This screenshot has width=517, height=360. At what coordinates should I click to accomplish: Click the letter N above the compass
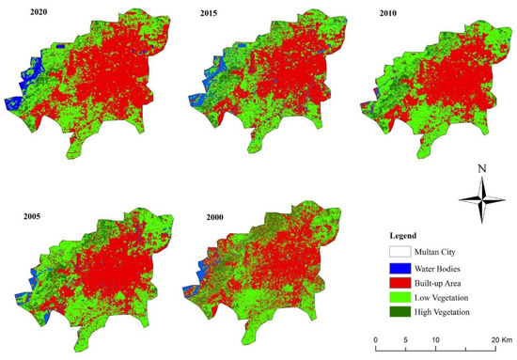coord(481,170)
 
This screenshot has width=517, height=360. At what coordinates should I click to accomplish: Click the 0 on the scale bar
coord(375,339)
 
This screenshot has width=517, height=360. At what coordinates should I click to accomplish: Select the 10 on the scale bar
coord(435,339)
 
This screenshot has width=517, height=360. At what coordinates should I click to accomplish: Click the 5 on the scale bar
coord(406,339)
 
